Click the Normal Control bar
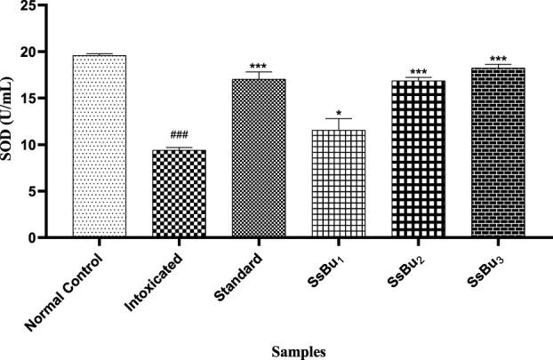100,147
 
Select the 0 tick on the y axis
59,237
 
